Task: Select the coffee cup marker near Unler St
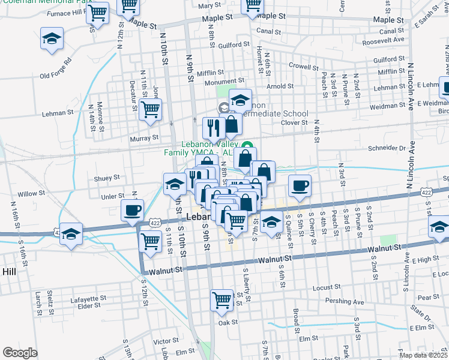coord(133,210)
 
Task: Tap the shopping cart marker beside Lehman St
coord(150,109)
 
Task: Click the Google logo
coord(20,353)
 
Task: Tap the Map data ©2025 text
coord(423,355)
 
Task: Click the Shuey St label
coord(107,178)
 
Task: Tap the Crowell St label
coord(302,66)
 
